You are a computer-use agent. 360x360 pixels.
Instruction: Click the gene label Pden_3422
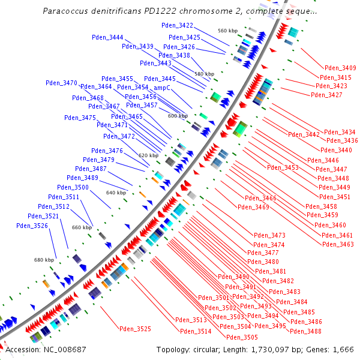point(178,25)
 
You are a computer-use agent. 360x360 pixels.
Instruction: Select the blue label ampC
point(160,88)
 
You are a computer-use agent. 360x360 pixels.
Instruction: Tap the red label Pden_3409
point(340,68)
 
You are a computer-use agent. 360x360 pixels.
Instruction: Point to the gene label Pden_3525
point(135,329)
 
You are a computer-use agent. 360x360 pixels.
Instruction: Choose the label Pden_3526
point(32,226)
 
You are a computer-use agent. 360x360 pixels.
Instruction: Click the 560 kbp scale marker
point(228,31)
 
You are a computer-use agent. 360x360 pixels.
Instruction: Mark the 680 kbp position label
point(44,260)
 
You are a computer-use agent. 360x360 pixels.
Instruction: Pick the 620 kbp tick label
point(148,155)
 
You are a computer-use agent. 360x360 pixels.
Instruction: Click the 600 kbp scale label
point(178,116)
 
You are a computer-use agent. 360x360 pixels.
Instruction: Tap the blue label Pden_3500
point(73,187)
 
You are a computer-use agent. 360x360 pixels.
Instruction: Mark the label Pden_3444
point(107,37)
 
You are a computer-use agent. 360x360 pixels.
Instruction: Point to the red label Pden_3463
point(338,244)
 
